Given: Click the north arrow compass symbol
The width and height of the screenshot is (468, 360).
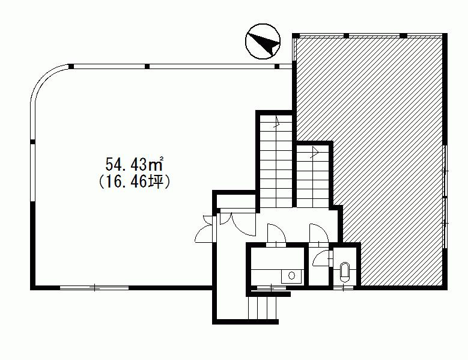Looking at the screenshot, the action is [263, 41].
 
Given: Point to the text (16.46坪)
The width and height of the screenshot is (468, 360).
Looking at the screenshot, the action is [135, 181].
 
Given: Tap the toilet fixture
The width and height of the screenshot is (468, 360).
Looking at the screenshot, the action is [345, 272].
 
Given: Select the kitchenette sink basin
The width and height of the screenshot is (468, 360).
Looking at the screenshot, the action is [291, 276].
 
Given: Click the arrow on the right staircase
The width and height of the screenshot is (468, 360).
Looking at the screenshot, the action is [314, 152].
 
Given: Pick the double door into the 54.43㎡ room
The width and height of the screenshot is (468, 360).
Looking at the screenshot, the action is [205, 228].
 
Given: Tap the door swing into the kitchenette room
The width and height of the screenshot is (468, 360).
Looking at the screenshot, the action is [276, 234].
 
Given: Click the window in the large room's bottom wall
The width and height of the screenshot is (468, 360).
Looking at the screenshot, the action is [94, 288].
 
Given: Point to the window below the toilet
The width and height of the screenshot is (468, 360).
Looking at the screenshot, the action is [343, 288].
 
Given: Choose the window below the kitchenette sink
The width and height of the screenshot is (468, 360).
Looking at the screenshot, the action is [271, 288].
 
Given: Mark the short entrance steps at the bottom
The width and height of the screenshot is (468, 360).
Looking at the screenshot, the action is [263, 308].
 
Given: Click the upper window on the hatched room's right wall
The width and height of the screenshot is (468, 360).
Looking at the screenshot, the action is [445, 171].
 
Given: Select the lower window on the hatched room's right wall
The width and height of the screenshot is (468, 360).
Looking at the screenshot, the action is [445, 223].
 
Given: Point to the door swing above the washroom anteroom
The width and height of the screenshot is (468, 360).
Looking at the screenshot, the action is [319, 234].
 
